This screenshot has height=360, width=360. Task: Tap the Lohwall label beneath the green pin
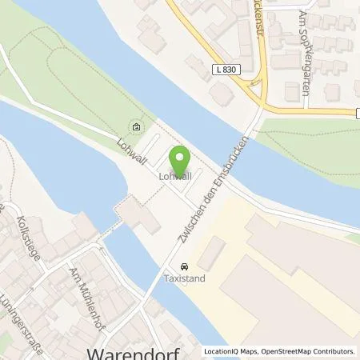(175, 176)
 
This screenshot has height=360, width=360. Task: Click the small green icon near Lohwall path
(135, 126)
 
